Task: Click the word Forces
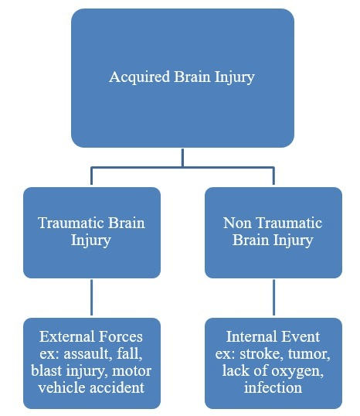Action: [120, 337]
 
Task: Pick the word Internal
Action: [252, 337]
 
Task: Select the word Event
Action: [302, 337]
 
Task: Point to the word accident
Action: [115, 387]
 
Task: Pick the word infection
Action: [273, 387]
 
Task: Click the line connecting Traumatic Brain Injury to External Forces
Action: [92, 297]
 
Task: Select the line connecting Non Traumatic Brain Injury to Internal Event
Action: [273, 297]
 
